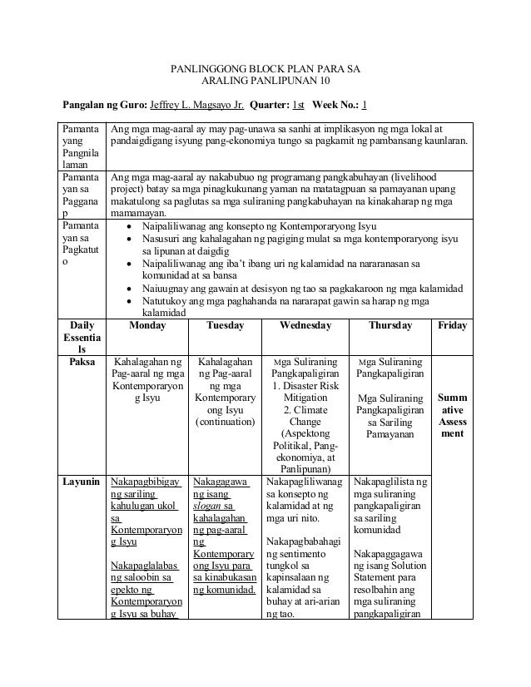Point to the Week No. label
point(335,106)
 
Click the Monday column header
point(146,326)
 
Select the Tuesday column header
point(225,326)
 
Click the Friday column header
point(452,326)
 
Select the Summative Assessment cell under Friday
point(452,416)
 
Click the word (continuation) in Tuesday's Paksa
point(225,422)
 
